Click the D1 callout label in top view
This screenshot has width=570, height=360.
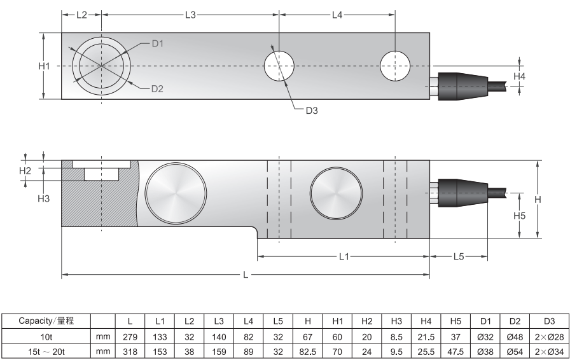(158, 44)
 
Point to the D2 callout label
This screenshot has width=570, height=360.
(158, 89)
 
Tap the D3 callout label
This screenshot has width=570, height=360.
(311, 111)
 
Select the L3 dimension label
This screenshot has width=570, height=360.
(190, 15)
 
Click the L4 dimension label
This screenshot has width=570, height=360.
(337, 15)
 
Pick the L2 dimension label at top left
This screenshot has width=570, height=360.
(81, 15)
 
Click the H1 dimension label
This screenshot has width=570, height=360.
(44, 66)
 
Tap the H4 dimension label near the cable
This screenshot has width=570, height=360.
(520, 76)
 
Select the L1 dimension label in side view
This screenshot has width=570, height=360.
(344, 256)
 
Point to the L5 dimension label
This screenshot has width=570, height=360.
(459, 256)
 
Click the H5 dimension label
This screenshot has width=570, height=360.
(519, 216)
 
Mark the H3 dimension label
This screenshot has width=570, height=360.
(43, 199)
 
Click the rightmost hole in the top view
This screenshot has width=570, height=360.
(395, 66)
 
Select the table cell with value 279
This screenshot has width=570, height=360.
(130, 336)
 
